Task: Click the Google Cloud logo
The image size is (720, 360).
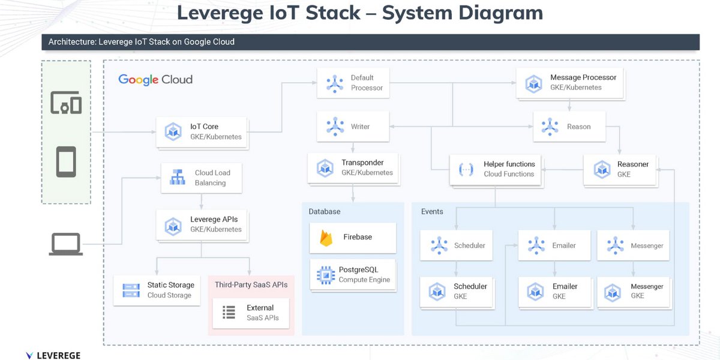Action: [155, 79]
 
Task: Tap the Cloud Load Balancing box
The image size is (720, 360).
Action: [202, 178]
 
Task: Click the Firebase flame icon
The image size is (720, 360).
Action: [326, 238]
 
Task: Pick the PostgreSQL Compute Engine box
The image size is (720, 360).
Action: [353, 275]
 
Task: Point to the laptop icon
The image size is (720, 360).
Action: [65, 245]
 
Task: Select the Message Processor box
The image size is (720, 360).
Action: [569, 83]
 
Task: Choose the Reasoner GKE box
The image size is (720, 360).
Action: [616, 169]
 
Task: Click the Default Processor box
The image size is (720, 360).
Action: [353, 83]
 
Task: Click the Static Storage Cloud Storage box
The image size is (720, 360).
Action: [157, 290]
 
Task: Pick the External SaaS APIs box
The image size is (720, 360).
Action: [250, 313]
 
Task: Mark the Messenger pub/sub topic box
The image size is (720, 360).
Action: [634, 245]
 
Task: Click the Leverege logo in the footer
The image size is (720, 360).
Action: [53, 355]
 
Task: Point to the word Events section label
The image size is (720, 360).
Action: [432, 212]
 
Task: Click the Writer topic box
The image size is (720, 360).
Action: [353, 127]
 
